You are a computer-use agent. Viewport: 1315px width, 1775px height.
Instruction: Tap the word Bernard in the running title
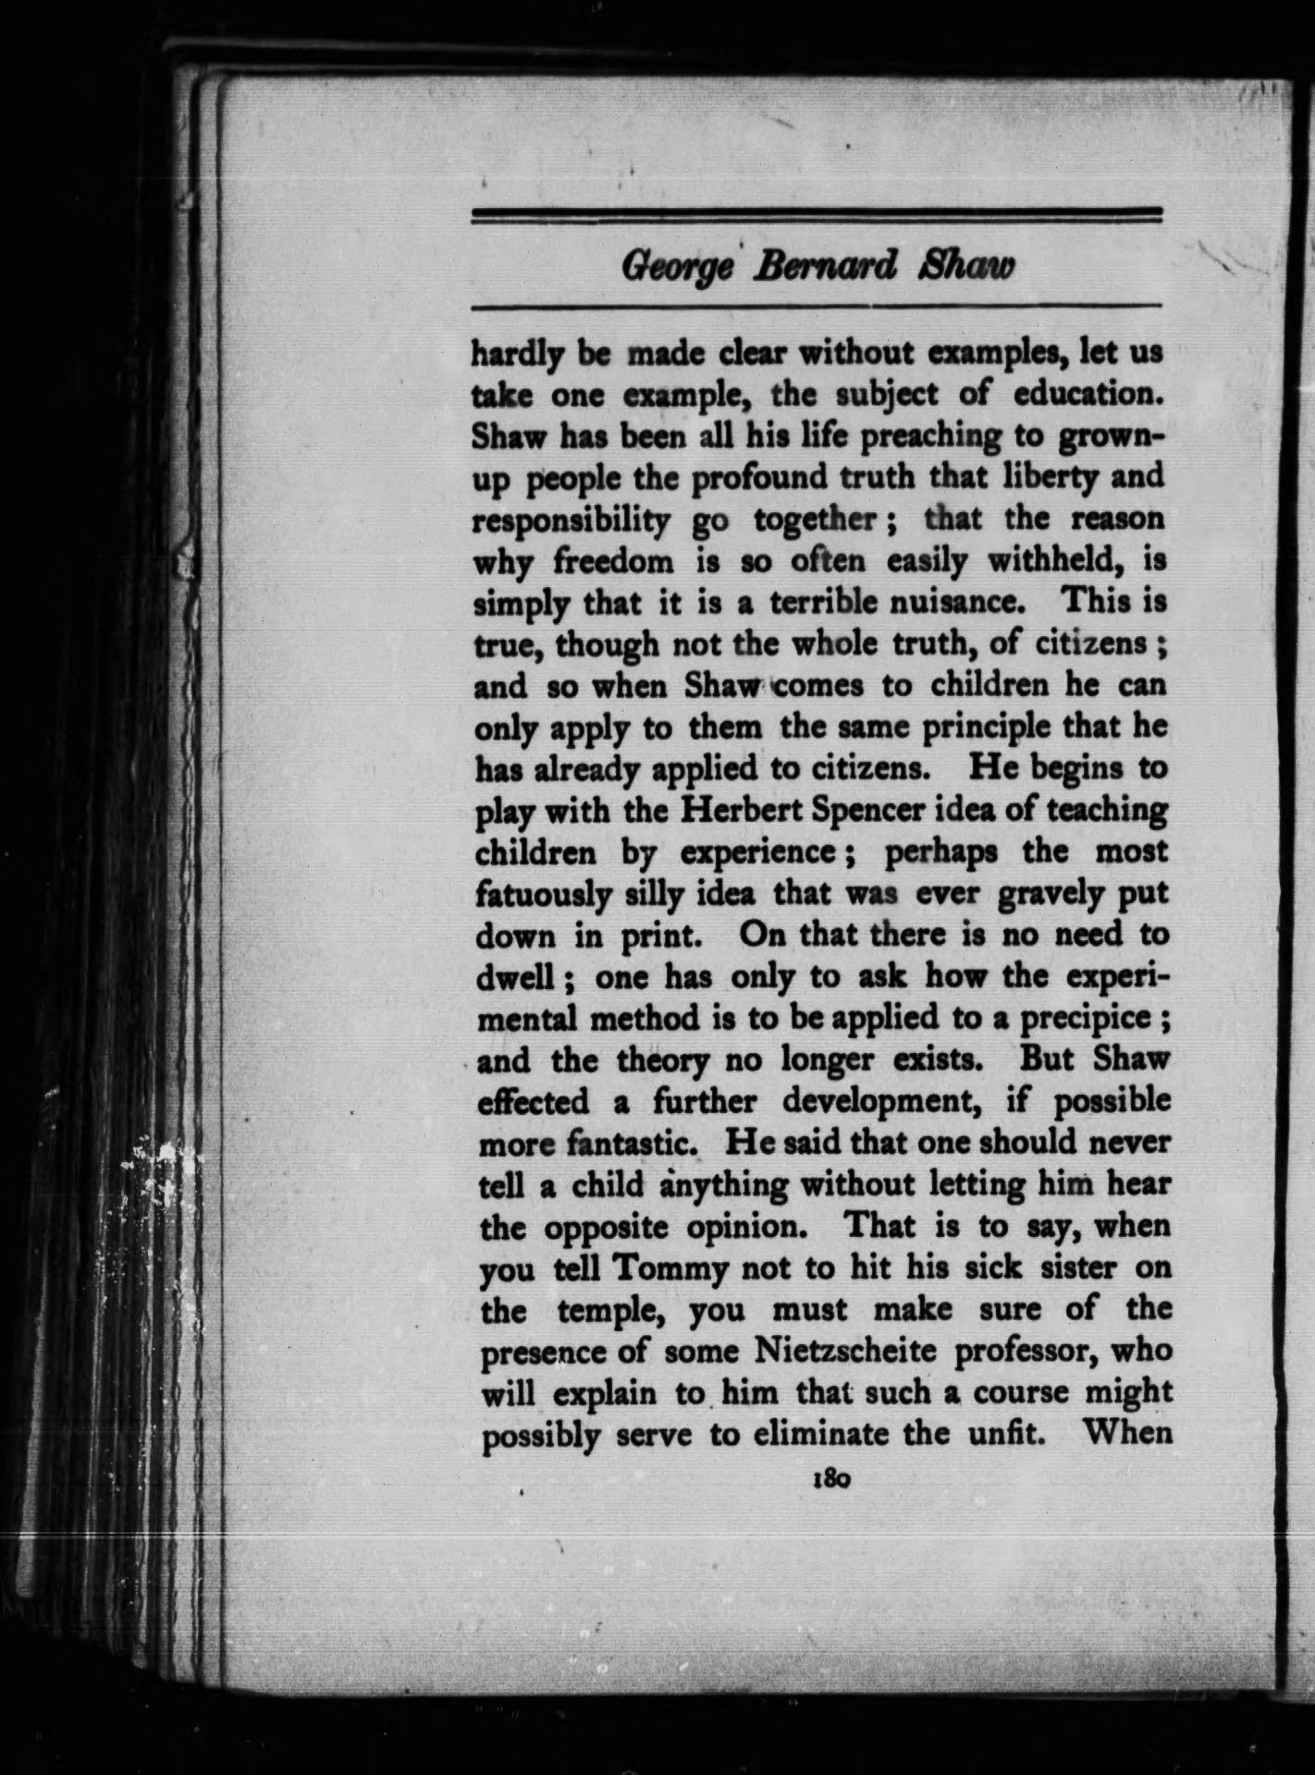coord(825,266)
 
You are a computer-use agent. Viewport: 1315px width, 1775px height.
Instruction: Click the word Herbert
coord(734,810)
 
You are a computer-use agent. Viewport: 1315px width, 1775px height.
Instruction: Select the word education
coord(1085,395)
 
